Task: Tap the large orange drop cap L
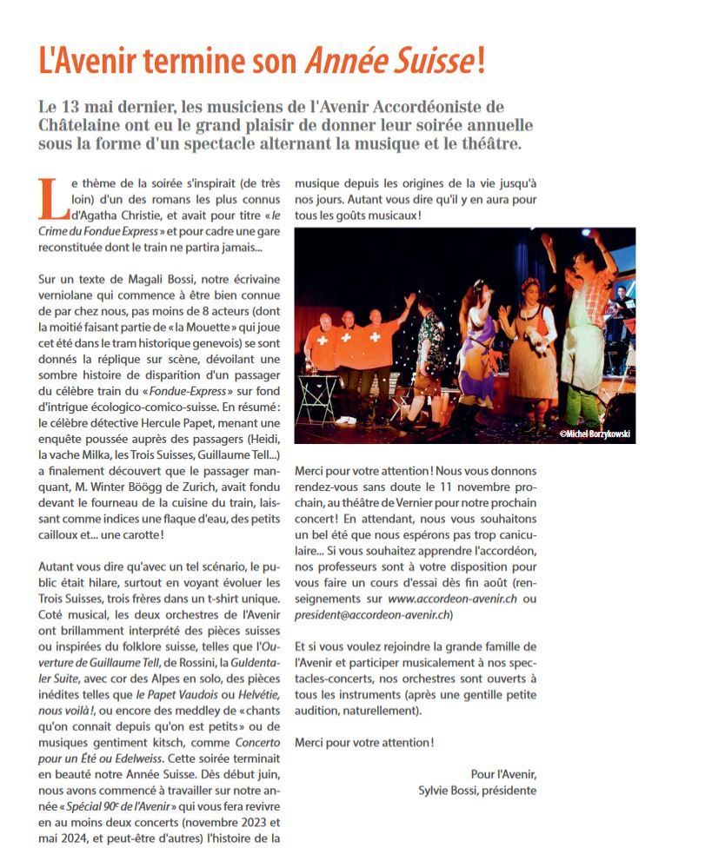(50, 197)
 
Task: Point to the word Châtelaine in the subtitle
(85, 124)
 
